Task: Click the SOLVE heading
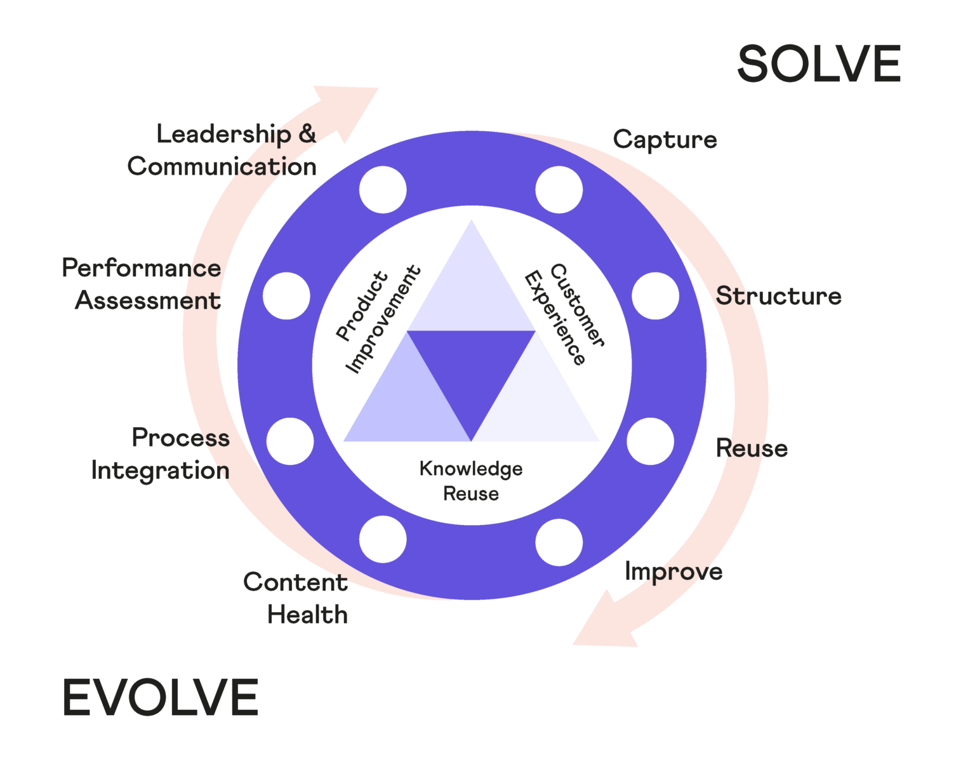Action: [818, 64]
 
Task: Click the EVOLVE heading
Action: [160, 697]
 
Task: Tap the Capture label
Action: [665, 140]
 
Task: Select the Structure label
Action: [778, 296]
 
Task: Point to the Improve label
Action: [673, 572]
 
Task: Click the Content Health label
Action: [296, 598]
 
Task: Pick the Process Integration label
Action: [161, 454]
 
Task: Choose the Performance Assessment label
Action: [142, 284]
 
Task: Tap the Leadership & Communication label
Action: [222, 150]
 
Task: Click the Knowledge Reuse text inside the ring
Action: [471, 481]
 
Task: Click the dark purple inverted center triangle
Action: [471, 375]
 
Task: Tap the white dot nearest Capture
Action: [559, 189]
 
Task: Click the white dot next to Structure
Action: [655, 296]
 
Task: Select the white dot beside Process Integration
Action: [290, 441]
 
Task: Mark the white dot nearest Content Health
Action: [383, 539]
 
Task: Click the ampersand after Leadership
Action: [307, 134]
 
